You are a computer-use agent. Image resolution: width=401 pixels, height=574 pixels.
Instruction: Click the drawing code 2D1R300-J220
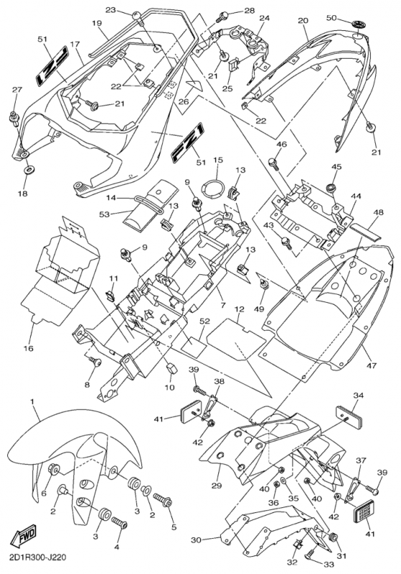click(x=36, y=558)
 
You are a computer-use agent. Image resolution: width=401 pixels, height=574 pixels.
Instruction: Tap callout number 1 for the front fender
click(x=32, y=402)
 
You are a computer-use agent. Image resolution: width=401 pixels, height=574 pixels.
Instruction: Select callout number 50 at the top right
click(x=331, y=17)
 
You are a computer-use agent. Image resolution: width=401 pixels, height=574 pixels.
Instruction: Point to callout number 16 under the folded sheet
click(x=28, y=348)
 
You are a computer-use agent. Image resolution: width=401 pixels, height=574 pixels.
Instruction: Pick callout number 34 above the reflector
click(x=359, y=395)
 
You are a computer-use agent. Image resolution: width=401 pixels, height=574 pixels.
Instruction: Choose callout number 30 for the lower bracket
click(x=196, y=540)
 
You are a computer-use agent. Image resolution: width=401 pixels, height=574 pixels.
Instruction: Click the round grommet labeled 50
click(x=357, y=24)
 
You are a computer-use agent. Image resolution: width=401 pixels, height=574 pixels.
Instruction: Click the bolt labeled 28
click(x=224, y=16)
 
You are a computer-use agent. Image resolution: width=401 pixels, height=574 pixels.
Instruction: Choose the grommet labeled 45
click(x=331, y=188)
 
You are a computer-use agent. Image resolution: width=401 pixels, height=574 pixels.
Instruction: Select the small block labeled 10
click(x=171, y=368)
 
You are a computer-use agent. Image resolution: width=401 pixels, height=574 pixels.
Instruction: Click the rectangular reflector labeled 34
click(x=349, y=416)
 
